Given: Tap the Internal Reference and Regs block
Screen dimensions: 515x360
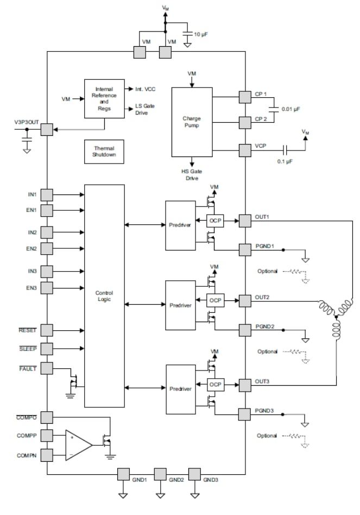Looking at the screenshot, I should click(x=104, y=98).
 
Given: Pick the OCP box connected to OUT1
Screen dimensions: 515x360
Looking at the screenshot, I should click(x=213, y=220).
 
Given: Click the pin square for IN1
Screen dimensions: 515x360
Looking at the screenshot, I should click(x=47, y=194).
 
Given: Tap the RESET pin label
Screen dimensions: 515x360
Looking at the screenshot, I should click(x=27, y=330).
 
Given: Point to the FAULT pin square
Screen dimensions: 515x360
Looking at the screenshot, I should click(x=47, y=368).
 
